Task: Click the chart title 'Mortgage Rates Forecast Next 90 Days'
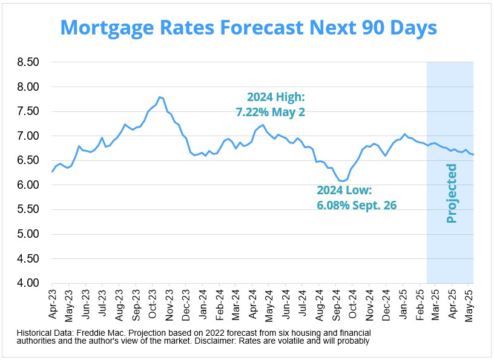click(248, 28)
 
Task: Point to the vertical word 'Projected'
click(451, 193)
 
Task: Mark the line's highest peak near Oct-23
click(159, 97)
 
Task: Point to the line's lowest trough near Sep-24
click(343, 181)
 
